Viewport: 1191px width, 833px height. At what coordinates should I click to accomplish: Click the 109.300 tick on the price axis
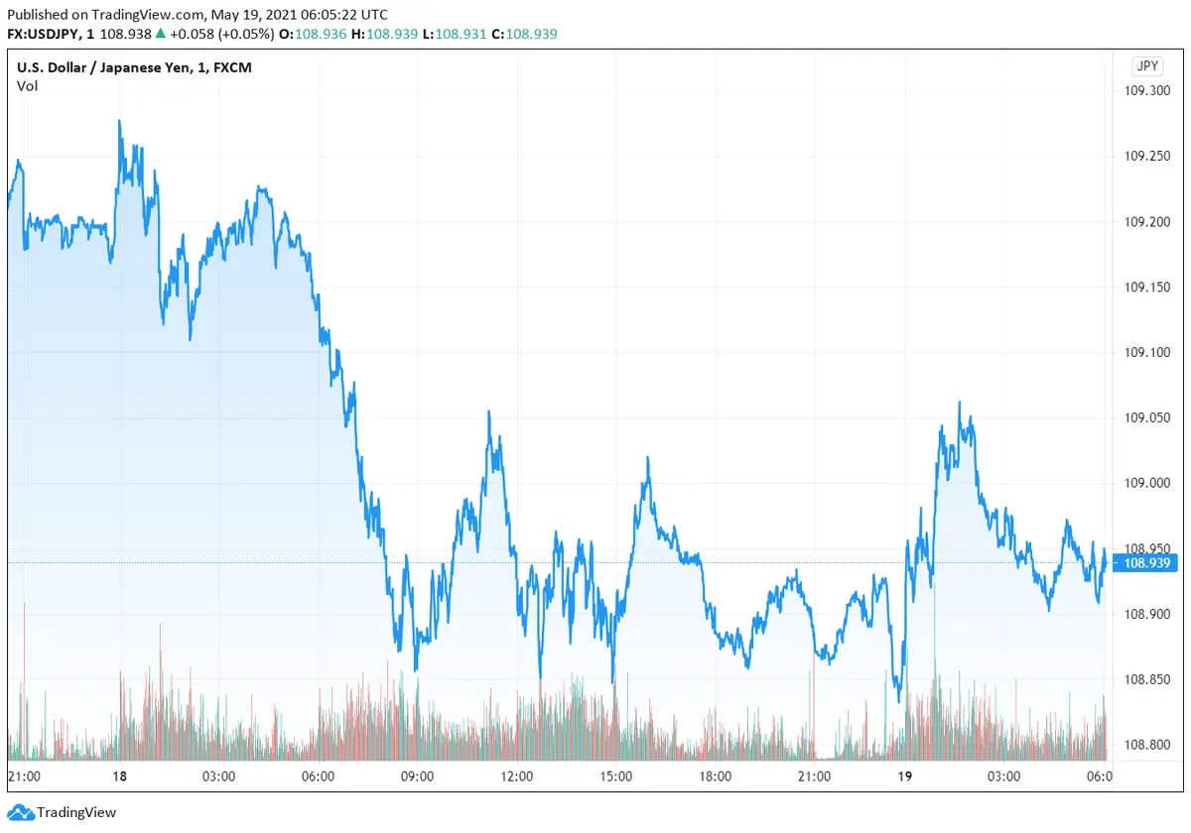pos(1146,90)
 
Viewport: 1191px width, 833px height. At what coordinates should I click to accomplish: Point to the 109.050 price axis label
pos(1146,417)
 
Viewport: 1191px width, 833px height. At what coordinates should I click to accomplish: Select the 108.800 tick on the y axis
pos(1146,745)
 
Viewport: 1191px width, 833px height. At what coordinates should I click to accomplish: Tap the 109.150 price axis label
pos(1146,287)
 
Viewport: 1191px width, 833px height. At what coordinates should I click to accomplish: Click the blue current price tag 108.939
pos(1146,563)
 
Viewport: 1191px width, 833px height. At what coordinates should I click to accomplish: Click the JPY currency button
pos(1146,66)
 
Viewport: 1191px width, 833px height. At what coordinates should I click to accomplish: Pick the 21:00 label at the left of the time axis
pos(24,776)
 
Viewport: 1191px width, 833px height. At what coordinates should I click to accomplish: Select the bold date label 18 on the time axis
pos(119,776)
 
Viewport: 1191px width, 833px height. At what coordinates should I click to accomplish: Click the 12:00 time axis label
pos(516,776)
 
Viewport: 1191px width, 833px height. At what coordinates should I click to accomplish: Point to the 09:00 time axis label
pos(416,776)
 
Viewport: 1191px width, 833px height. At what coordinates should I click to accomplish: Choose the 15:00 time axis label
pos(615,776)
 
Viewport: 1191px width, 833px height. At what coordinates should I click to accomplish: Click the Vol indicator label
pos(27,86)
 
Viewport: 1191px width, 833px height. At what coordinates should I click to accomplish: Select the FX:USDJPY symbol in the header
pos(47,34)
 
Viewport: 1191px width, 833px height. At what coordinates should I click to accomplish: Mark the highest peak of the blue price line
pos(120,122)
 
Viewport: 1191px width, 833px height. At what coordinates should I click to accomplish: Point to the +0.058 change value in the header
pos(190,34)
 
